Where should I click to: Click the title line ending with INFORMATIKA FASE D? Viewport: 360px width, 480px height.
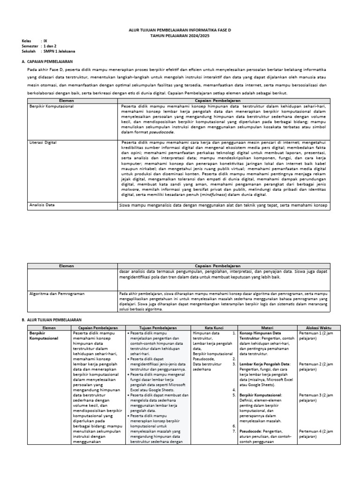[180, 29]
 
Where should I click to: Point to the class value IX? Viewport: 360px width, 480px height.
[45, 40]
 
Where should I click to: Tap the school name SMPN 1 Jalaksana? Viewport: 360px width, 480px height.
[59, 51]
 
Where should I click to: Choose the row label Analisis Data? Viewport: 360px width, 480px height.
[42, 204]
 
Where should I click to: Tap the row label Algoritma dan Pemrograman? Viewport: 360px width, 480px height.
[57, 293]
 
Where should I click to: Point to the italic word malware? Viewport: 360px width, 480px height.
[129, 191]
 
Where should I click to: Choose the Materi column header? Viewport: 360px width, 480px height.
[266, 327]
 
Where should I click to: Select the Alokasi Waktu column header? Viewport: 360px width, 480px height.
[319, 327]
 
